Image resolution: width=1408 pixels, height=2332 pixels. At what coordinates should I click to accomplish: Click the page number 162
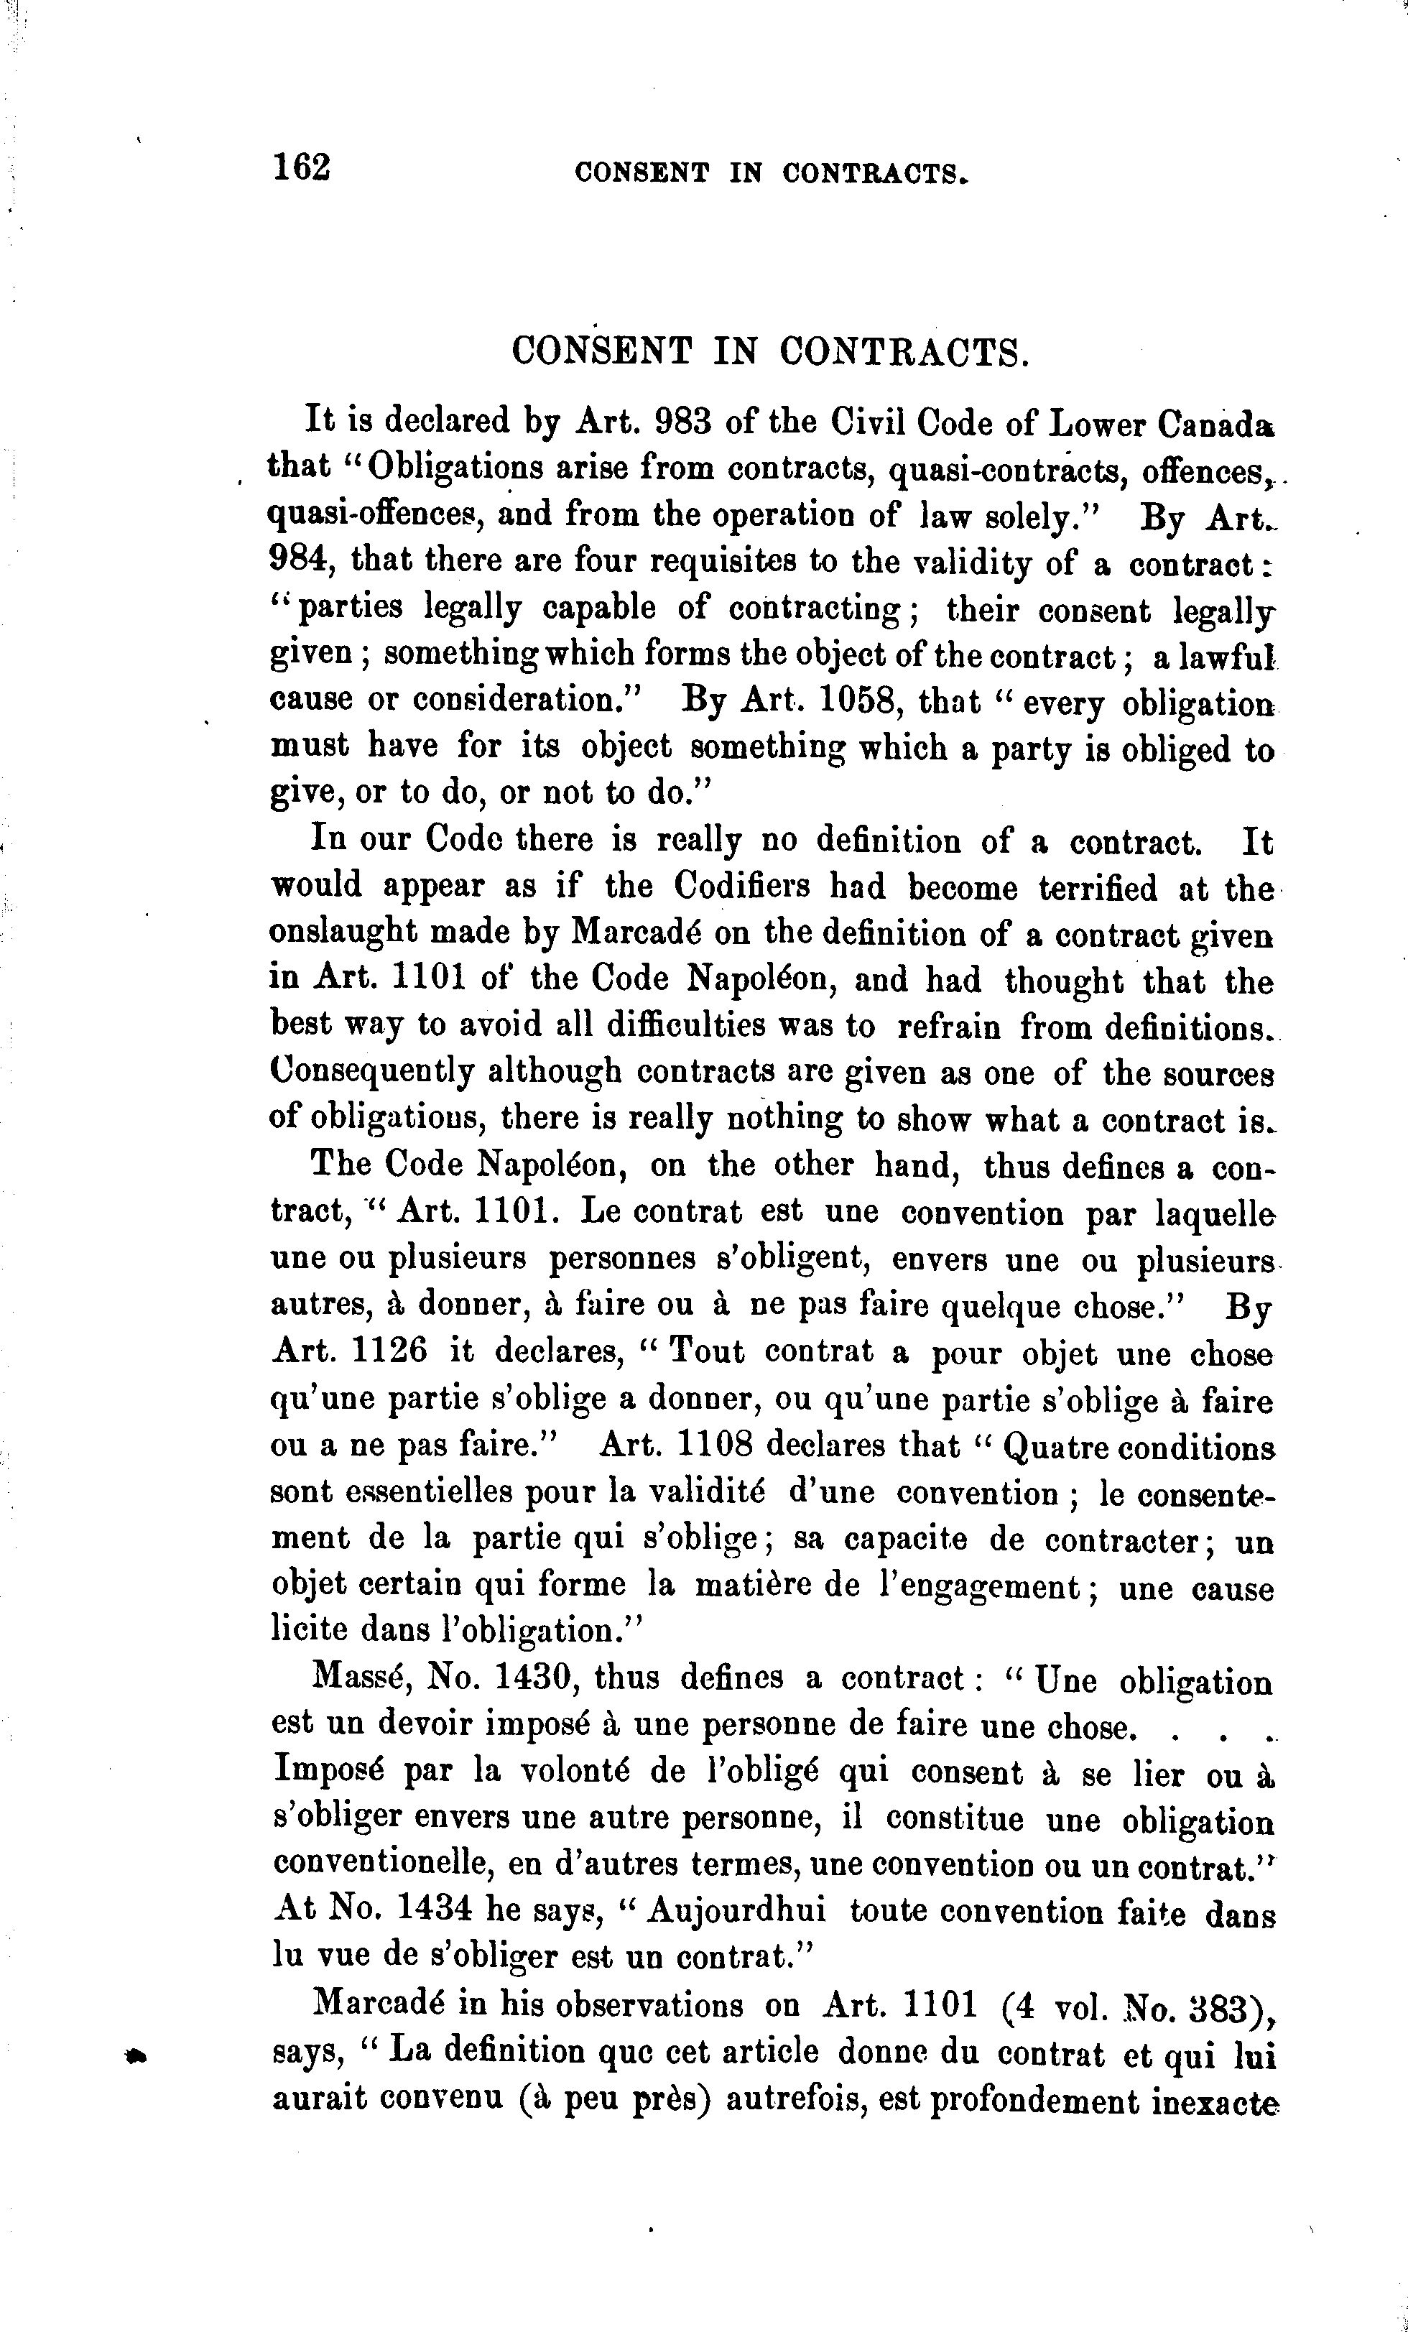[302, 167]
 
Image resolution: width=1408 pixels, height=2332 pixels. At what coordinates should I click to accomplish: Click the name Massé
[361, 1679]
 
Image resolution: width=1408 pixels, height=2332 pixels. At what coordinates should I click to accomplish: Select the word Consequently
[371, 1073]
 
